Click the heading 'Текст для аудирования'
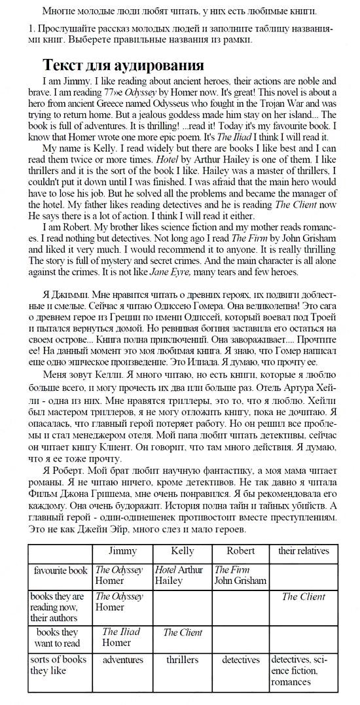pyautogui.click(x=123, y=65)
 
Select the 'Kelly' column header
pyautogui.click(x=182, y=551)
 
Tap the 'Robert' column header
pyautogui.click(x=240, y=551)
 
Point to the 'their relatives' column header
pyautogui.click(x=304, y=551)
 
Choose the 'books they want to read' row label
pyautogui.click(x=60, y=638)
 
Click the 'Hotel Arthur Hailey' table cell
pyautogui.click(x=179, y=575)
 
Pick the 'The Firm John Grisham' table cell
pyautogui.click(x=240, y=575)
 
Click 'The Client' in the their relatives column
pyautogui.click(x=304, y=597)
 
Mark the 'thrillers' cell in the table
pyautogui.click(x=182, y=660)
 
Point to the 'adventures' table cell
pyautogui.click(x=122, y=660)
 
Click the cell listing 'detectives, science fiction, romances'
pyautogui.click(x=304, y=671)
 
